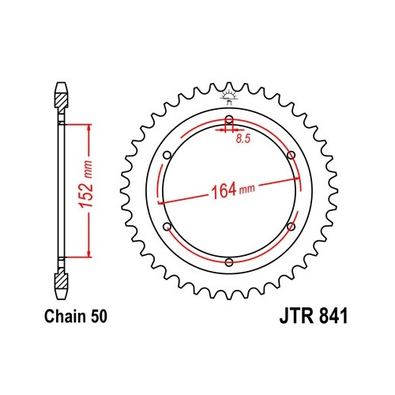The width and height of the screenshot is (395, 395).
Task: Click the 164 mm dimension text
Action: (x=233, y=190)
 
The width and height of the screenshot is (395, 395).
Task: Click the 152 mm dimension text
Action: (x=87, y=183)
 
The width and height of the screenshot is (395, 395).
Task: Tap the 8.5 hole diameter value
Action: (x=243, y=139)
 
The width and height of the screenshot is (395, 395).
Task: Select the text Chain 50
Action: (x=76, y=316)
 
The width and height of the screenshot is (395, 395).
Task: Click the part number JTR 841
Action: (x=314, y=316)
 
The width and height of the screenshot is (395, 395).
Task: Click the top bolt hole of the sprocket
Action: (x=229, y=119)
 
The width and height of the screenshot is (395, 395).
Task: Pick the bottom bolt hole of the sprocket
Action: (x=229, y=262)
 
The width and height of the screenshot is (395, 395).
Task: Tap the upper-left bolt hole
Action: (x=167, y=155)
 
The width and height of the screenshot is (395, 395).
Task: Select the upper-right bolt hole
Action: (x=291, y=155)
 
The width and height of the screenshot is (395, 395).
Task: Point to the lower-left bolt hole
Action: (x=167, y=227)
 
